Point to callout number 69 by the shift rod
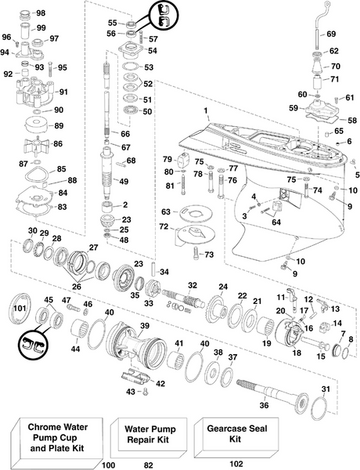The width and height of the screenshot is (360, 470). pyautogui.click(x=330, y=34)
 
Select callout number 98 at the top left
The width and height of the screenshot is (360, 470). pyautogui.click(x=41, y=13)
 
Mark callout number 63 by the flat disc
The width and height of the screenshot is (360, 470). pyautogui.click(x=165, y=211)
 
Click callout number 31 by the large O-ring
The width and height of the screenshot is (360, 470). pyautogui.click(x=326, y=389)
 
